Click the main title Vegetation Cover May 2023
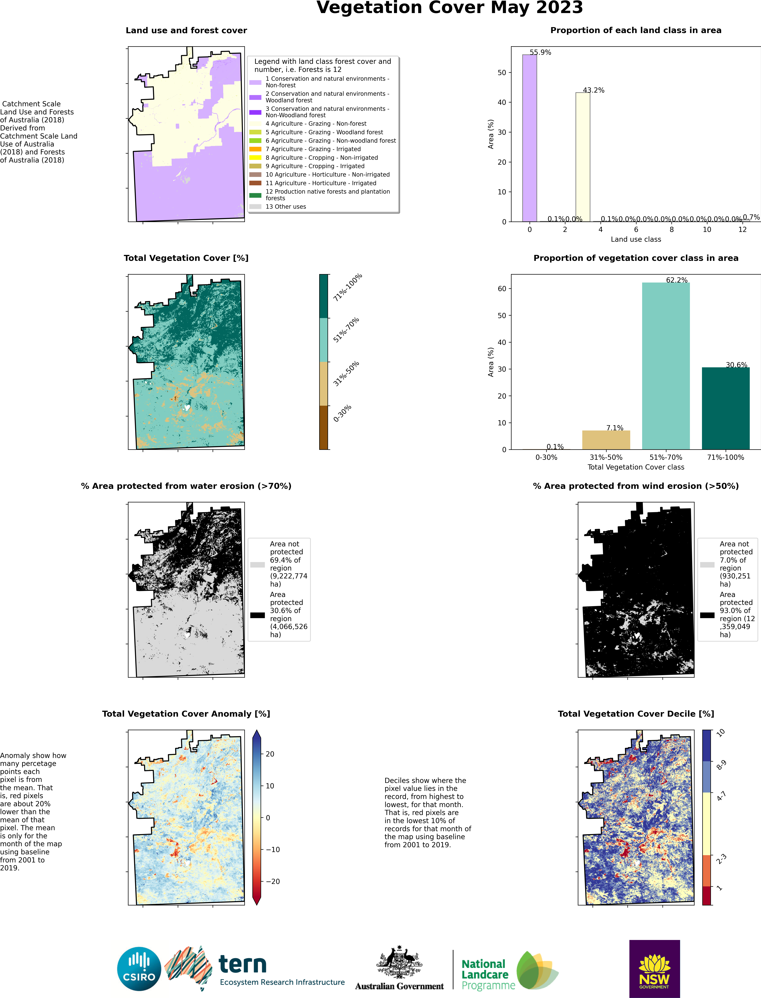449,8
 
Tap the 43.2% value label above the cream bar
593,90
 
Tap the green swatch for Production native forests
255,195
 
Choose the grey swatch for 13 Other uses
255,206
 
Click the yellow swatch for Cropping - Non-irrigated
255,158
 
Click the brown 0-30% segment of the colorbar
323,428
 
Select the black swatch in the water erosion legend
257,615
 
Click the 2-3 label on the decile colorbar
721,858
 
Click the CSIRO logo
139,969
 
